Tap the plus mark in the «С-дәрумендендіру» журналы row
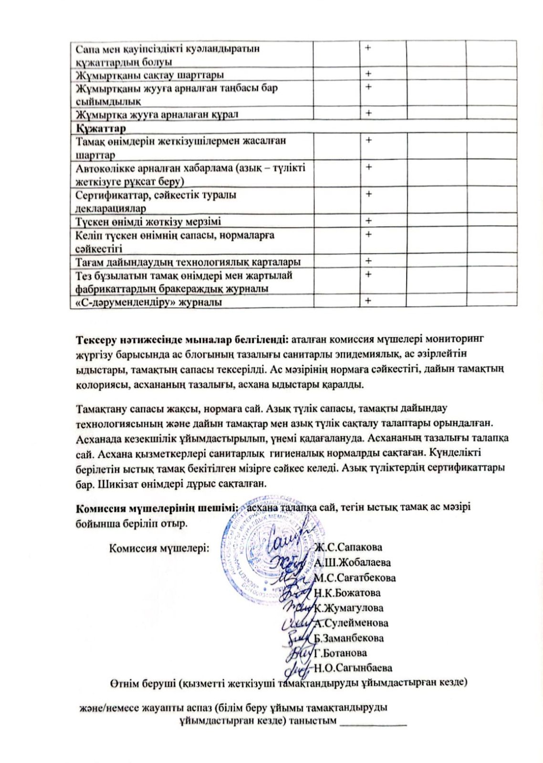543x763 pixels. point(368,301)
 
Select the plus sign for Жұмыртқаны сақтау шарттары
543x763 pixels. point(368,73)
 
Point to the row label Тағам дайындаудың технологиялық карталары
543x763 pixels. point(188,262)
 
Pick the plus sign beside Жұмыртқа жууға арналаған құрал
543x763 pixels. point(368,113)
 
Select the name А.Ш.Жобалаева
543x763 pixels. point(352,562)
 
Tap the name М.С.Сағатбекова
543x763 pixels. point(355,577)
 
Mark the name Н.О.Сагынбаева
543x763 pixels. point(353,668)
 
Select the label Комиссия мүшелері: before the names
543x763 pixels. point(159,547)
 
